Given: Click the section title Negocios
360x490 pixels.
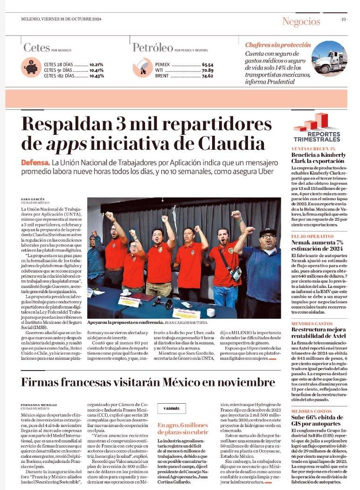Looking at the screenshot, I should [301, 21].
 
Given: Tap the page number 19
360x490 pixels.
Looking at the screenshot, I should [344, 20].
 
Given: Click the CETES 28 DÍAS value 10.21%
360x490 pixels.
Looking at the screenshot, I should [97, 64].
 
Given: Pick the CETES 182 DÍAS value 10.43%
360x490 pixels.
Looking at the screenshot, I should [97, 76].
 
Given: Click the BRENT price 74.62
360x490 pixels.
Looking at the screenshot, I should [208, 76].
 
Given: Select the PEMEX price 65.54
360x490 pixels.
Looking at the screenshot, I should [208, 64].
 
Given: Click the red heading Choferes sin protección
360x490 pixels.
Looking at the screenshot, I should [278, 45].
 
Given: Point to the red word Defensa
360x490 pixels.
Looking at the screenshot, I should [35, 163].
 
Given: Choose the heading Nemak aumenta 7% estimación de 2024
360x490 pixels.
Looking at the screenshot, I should [319, 245].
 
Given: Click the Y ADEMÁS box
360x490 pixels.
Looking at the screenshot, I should [171, 408].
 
